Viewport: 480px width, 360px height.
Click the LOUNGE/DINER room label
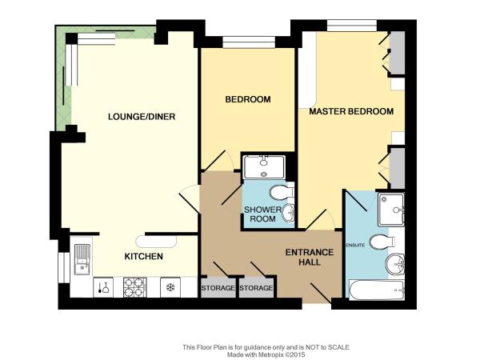click(142, 117)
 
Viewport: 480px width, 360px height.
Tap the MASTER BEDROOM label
click(351, 111)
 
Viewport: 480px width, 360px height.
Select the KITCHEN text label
click(143, 256)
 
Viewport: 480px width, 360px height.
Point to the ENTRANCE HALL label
click(310, 257)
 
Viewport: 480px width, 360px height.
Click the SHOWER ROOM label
click(262, 214)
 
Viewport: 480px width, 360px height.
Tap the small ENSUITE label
click(355, 246)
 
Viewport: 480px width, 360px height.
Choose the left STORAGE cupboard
click(218, 288)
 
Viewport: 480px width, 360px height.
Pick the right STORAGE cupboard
click(256, 288)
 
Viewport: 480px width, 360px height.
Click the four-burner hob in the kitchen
click(134, 287)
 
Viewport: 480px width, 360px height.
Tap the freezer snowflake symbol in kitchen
click(170, 287)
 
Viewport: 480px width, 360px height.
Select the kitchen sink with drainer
click(82, 259)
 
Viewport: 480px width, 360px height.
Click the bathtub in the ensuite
click(377, 290)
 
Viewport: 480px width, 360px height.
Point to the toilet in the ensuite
click(382, 242)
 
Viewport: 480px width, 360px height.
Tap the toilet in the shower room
click(282, 193)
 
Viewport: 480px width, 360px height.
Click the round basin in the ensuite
click(395, 264)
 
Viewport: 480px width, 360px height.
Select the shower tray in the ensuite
click(391, 210)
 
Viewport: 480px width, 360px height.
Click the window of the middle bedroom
click(249, 42)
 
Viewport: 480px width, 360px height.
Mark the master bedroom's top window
click(352, 26)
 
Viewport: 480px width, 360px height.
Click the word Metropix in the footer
click(271, 354)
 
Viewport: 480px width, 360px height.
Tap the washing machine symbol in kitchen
click(103, 287)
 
